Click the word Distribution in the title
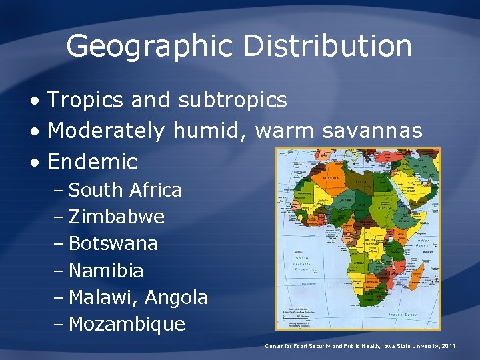pos(327,47)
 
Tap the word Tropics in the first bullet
pos(86,101)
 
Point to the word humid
pos(209,131)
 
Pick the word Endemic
pos(92,161)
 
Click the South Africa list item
pos(125,190)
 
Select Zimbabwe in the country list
pos(117,217)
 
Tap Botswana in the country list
pos(113,243)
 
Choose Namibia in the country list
pos(106,271)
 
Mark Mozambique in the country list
pos(127,325)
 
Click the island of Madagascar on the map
pos(414,280)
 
